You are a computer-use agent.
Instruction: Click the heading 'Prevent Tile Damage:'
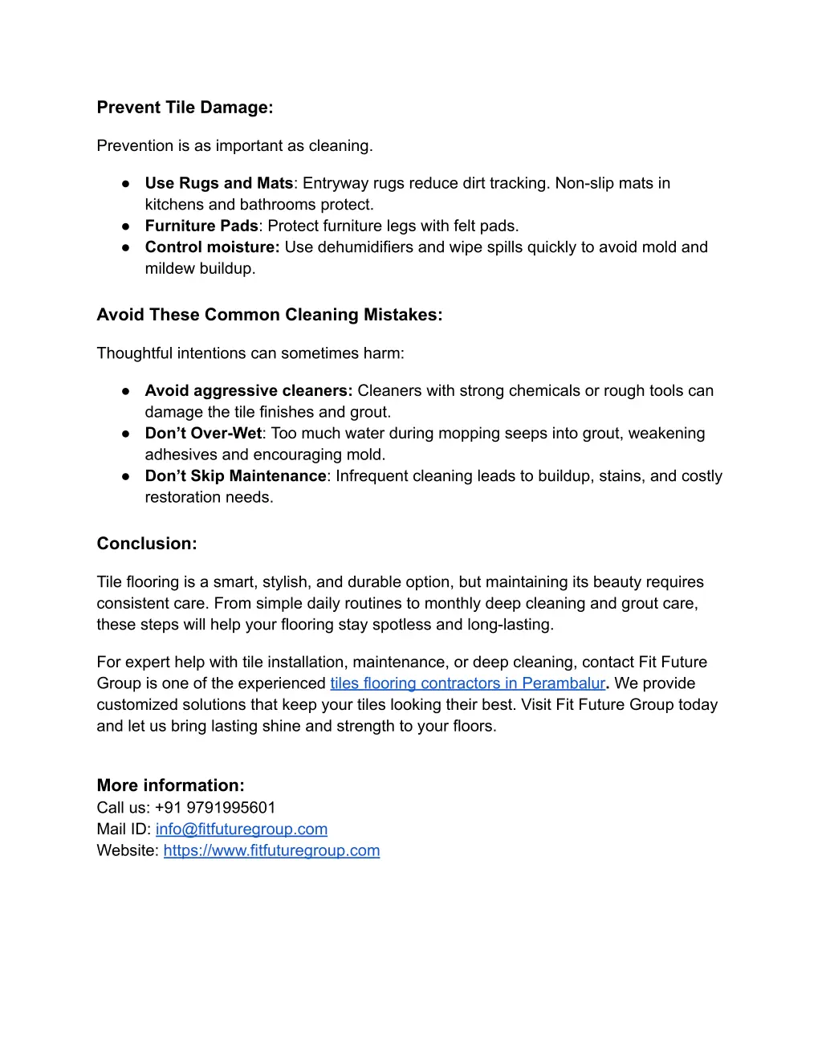pos(185,108)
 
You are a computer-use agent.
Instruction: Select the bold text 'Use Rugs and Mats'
pos(218,183)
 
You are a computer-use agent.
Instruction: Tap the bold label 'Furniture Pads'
pos(201,226)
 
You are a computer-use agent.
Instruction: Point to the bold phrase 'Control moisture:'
pos(212,247)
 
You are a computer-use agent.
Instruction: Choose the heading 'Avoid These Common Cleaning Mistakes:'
pos(269,315)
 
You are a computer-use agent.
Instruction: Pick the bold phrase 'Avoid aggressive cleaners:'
pos(248,391)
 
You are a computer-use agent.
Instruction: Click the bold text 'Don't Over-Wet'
pos(203,434)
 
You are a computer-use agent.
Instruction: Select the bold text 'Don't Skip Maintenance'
pos(235,476)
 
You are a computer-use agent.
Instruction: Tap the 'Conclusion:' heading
pos(147,544)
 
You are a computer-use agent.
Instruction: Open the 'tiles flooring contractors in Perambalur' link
pos(467,683)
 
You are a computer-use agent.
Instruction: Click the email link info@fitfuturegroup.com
pos(242,829)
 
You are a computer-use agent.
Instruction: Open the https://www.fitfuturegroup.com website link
pos(271,850)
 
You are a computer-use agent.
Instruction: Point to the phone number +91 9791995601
pos(215,808)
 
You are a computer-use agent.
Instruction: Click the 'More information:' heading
pos(170,785)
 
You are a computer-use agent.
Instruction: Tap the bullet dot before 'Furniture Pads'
pos(126,226)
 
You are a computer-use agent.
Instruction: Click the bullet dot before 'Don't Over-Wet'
pos(126,434)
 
